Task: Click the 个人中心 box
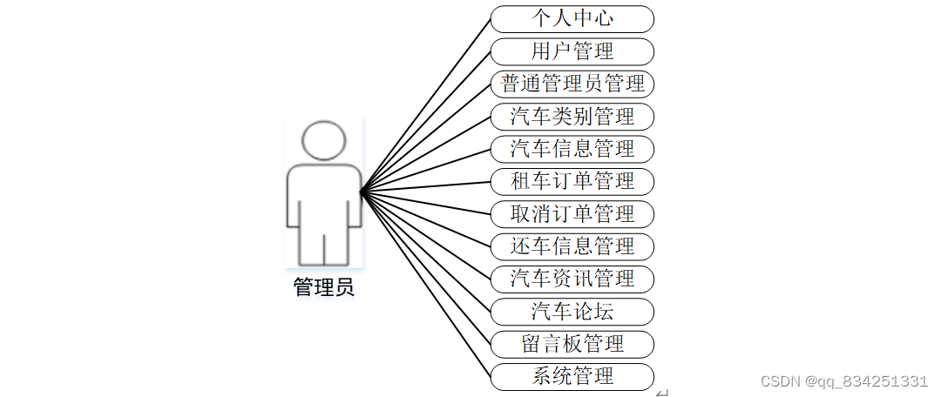click(x=572, y=19)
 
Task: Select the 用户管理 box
click(x=572, y=51)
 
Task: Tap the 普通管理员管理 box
click(x=572, y=84)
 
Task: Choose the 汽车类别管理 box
click(x=572, y=117)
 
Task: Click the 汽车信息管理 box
click(x=572, y=149)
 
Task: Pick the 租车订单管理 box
click(x=572, y=182)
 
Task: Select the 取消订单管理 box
click(x=572, y=214)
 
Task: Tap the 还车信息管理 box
click(x=572, y=246)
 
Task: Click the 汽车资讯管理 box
click(x=572, y=279)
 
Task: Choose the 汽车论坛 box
click(x=572, y=312)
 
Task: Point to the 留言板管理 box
click(x=572, y=344)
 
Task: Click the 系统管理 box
click(x=572, y=377)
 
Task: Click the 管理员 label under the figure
click(x=323, y=287)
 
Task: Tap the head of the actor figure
click(x=323, y=140)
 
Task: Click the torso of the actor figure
click(x=324, y=195)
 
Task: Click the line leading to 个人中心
click(x=425, y=105)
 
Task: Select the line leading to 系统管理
click(x=425, y=285)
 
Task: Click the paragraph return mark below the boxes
click(x=661, y=393)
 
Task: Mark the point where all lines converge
click(x=361, y=192)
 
